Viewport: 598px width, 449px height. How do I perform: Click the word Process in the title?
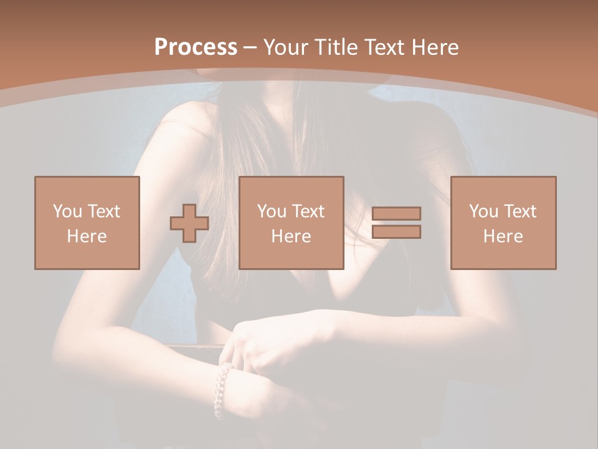[196, 47]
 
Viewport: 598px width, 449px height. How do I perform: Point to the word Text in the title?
[386, 47]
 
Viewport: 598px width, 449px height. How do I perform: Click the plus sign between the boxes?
[189, 223]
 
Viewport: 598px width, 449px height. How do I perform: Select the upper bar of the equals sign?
[396, 213]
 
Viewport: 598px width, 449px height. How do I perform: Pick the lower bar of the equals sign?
[396, 232]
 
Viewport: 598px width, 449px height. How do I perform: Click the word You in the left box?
[67, 211]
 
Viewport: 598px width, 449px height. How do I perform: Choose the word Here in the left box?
[87, 236]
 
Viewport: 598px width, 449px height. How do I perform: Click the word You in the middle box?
[272, 211]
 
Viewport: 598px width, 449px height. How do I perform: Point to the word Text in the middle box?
[308, 211]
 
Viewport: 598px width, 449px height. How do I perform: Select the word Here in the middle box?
[291, 236]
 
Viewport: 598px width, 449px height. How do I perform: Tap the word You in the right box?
[483, 211]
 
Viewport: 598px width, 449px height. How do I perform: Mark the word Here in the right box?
[503, 236]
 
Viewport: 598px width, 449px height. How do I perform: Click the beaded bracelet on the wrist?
[222, 390]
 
